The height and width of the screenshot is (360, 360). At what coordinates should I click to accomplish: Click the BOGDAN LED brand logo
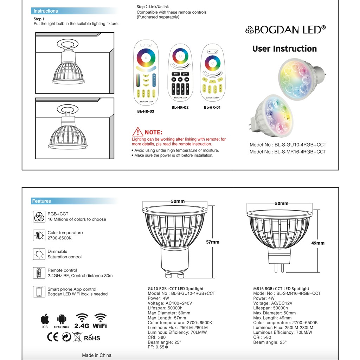[x=285, y=30]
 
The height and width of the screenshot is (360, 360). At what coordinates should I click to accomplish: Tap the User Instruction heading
[x=284, y=49]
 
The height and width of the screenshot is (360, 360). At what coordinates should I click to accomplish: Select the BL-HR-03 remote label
[x=146, y=111]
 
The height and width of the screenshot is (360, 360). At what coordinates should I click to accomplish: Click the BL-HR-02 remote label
[x=180, y=108]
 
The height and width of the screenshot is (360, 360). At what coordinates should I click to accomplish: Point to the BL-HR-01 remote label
[x=212, y=108]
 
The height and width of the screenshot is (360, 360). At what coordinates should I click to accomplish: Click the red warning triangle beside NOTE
[x=137, y=132]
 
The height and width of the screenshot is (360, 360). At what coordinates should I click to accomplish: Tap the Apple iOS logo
[x=45, y=320]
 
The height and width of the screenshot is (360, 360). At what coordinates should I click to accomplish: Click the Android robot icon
[x=62, y=320]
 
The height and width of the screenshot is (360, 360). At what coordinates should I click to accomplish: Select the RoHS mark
[x=92, y=338]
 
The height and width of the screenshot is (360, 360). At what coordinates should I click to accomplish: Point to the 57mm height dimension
[x=212, y=242]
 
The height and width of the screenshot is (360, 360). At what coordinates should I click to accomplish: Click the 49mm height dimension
[x=318, y=243]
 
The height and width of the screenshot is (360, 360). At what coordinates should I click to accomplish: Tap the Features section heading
[x=41, y=201]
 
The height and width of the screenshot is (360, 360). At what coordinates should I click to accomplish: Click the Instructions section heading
[x=46, y=11]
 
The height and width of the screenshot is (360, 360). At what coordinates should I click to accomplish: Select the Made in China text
[x=97, y=355]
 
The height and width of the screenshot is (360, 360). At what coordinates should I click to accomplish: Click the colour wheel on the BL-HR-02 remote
[x=180, y=56]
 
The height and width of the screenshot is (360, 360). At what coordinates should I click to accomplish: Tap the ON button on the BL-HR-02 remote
[x=175, y=74]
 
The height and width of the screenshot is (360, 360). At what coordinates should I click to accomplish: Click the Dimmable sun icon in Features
[x=39, y=254]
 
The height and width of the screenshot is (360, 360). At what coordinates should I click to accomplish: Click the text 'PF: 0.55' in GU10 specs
[x=158, y=347]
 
